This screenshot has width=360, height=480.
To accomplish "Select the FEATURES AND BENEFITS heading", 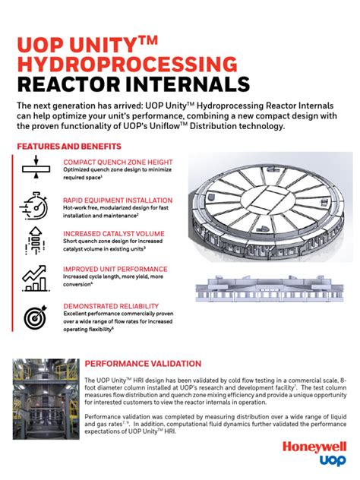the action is (68, 146).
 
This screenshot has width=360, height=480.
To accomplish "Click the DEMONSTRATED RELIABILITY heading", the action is (110, 306).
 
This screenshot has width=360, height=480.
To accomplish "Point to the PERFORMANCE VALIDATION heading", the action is (143, 364).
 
